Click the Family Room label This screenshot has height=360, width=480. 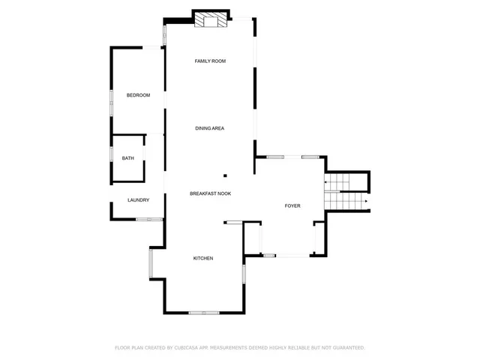(x=210, y=61)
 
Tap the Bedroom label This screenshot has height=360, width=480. (x=138, y=95)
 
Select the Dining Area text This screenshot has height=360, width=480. (x=210, y=128)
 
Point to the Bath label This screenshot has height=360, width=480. (x=128, y=158)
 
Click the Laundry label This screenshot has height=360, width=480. (x=138, y=200)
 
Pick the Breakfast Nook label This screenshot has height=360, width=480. (x=210, y=193)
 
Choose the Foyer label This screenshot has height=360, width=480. (x=292, y=205)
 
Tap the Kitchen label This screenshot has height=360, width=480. (x=203, y=258)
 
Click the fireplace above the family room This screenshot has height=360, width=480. (x=210, y=20)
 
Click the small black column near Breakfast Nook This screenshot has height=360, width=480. (x=224, y=177)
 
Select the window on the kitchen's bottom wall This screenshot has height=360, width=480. (x=203, y=312)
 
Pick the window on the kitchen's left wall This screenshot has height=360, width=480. (x=151, y=262)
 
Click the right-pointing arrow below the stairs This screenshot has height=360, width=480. (x=365, y=201)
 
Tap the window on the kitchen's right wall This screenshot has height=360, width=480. (x=243, y=274)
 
